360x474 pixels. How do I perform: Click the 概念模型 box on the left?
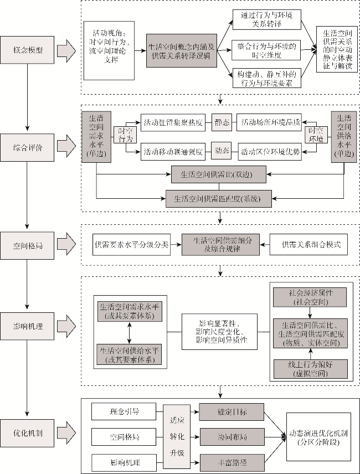click(28, 50)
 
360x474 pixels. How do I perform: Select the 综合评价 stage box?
click(28, 148)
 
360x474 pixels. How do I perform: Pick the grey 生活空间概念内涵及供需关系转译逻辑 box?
click(181, 47)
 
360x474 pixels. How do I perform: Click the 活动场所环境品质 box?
click(269, 122)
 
